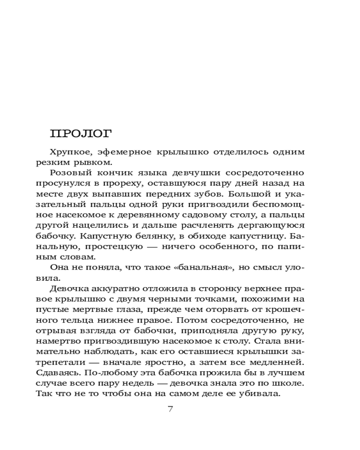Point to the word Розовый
[70, 172]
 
